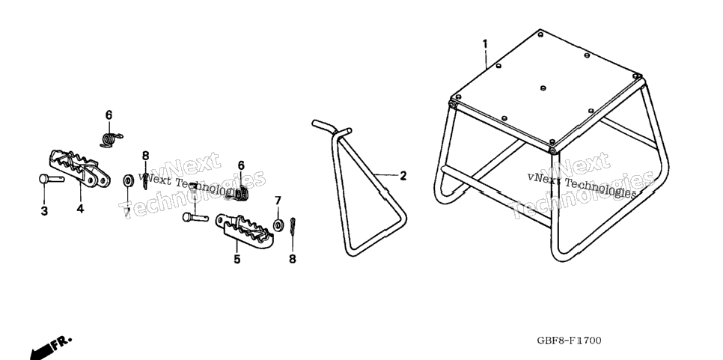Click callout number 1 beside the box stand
tap(484, 44)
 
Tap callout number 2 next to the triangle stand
tap(403, 176)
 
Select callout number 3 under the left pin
tap(44, 210)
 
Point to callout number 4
tap(80, 209)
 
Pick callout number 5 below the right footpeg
tap(237, 259)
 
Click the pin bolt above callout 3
tap(51, 178)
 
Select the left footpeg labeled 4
tap(79, 168)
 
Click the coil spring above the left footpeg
tap(111, 138)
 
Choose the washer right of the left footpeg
tap(128, 180)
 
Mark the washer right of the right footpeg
tap(278, 225)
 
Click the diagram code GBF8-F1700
tap(569, 341)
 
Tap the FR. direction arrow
tap(51, 347)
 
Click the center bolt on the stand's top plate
tap(543, 88)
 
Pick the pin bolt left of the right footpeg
tap(195, 216)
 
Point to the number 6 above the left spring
tap(109, 115)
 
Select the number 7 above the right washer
tap(278, 201)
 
